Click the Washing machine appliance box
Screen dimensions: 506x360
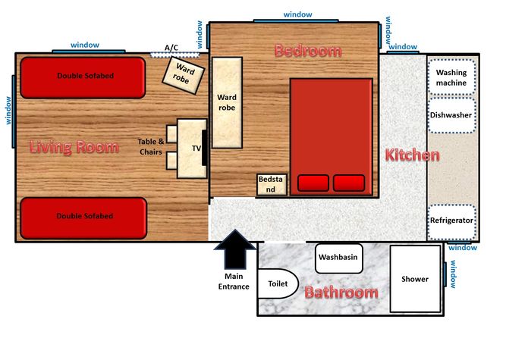(451, 77)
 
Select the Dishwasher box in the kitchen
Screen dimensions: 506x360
(451, 115)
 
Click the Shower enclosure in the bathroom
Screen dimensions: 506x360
(415, 279)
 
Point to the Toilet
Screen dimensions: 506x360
(278, 283)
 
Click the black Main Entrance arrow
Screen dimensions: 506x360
(235, 249)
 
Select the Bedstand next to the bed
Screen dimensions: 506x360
(272, 185)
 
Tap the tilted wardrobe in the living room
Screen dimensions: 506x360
(183, 76)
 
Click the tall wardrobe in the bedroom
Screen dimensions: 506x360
(227, 103)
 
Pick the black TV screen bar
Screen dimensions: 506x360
(204, 148)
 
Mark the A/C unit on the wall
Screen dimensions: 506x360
(174, 55)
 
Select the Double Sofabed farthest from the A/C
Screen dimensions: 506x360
(83, 218)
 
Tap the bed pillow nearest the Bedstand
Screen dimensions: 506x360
(313, 183)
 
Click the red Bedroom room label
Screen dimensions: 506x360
(308, 51)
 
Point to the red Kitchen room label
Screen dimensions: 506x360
(413, 155)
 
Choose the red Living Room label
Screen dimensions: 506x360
(74, 147)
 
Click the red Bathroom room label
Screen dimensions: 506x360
(341, 293)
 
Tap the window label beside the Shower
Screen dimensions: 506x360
(453, 274)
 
